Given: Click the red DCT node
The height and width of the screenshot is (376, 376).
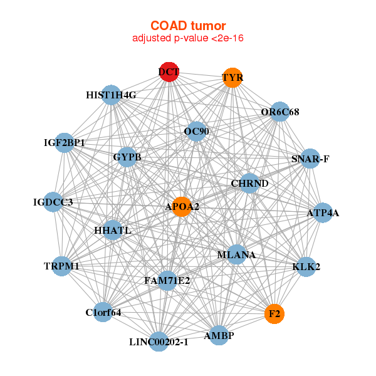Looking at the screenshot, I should pos(169,72).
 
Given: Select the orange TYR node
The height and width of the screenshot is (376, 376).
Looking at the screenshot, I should pos(232,78).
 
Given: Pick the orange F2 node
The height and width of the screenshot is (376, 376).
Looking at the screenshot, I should pos(274,313).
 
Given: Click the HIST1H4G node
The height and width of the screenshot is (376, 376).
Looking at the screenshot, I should pos(111,95).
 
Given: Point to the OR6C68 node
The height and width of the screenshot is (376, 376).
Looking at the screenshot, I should pos(279,112).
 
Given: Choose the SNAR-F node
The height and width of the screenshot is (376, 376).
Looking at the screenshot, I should pos(310,159).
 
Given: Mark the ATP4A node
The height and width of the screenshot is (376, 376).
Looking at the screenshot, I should pos(323,213).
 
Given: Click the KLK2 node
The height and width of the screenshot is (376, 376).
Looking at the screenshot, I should pos(306,267).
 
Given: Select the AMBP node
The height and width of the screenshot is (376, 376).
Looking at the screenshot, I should pos(219,335).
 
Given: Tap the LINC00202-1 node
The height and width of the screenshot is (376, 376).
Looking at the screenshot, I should pos(159,342).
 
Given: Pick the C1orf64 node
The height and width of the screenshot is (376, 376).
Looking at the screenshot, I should pos(103,312).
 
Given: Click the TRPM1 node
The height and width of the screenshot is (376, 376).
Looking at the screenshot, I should pos(62,266).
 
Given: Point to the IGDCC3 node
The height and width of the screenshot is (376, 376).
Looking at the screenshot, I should pos(53,202).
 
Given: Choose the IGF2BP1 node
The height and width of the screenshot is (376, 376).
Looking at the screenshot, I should pos(64,143).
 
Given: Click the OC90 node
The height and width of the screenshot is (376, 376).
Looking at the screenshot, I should pos(196,132).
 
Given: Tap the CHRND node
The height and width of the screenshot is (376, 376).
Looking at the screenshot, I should pos(249,184).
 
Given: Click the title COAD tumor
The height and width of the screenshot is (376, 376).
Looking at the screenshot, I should pos(188,26).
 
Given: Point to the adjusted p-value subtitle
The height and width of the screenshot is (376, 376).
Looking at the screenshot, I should pos(188,38).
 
